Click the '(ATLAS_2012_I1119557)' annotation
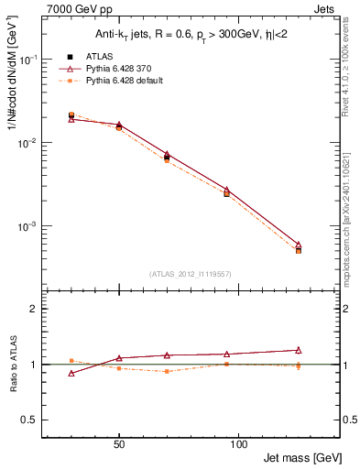click(190, 274)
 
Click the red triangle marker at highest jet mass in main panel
click(299, 245)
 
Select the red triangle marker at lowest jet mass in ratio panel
click(71, 374)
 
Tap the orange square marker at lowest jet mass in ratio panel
click(71, 361)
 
